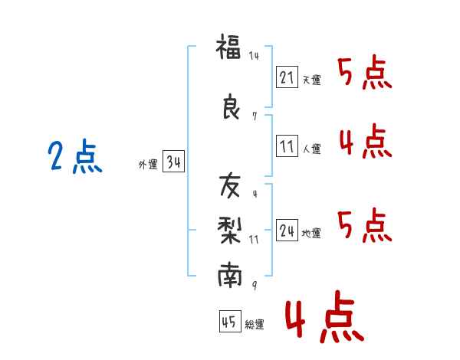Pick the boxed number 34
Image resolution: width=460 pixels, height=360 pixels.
coord(173,162)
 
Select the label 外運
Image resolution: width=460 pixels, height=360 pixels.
coord(148,165)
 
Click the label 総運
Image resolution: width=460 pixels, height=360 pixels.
coord(254,324)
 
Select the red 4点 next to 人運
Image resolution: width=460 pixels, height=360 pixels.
coord(365,142)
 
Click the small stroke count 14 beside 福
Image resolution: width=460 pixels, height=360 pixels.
coord(254,56)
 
